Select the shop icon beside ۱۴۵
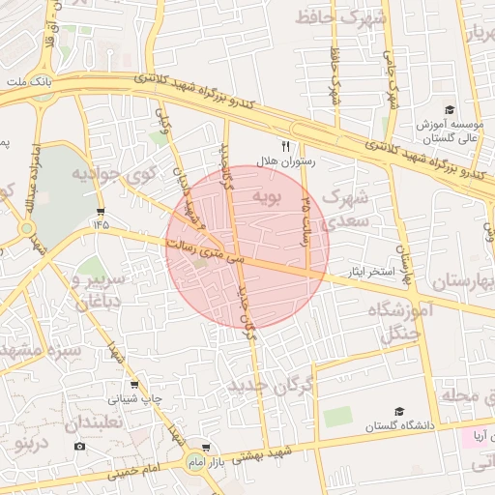[x=102, y=211]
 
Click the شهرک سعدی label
[x=345, y=209]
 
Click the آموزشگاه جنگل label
[x=394, y=322]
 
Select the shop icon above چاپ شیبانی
[x=134, y=384]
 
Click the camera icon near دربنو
[x=79, y=446]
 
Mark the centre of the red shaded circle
[x=247, y=247]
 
